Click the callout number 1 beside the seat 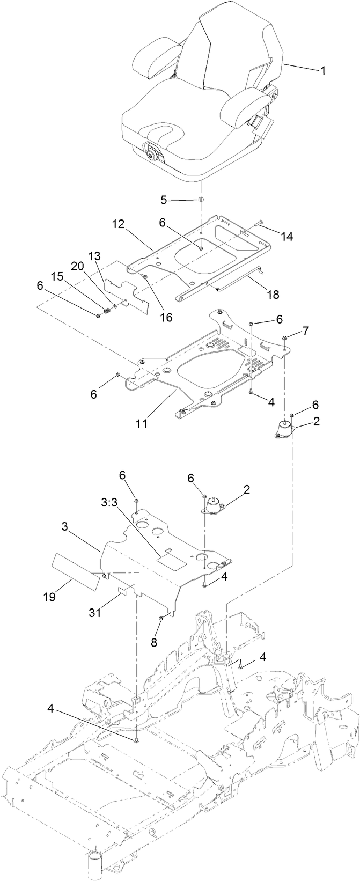pyautogui.click(x=322, y=71)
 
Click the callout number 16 pyautogui.click(x=166, y=317)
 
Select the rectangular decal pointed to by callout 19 pyautogui.click(x=75, y=570)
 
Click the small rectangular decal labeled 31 pyautogui.click(x=125, y=591)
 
